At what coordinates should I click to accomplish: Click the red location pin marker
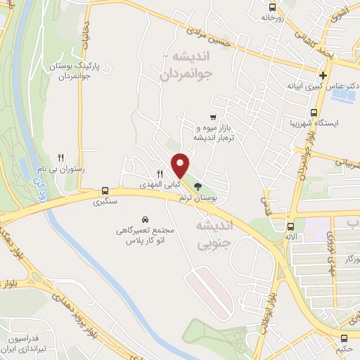point(181,165)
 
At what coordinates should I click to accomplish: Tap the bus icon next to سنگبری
point(105,191)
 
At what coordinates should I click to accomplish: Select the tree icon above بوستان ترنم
point(198,187)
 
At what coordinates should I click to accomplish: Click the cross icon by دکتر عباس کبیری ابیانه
point(323,75)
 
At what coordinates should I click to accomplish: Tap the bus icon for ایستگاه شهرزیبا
point(314,112)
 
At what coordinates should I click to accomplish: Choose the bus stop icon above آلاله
point(290,226)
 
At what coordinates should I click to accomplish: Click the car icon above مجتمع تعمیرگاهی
point(145,219)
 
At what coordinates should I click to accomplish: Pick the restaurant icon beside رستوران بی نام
point(61,157)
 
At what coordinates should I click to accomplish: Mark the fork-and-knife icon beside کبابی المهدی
point(160,174)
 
